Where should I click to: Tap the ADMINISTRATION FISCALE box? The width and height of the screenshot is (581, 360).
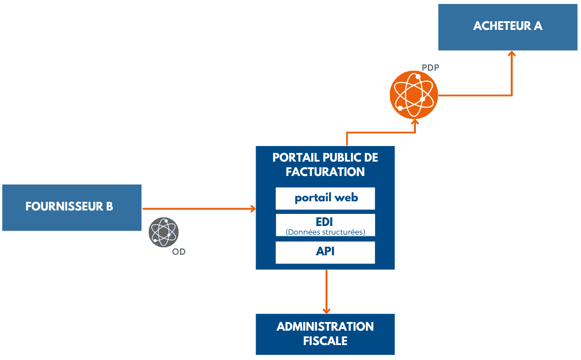tap(325, 334)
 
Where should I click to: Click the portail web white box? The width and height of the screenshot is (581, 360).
tap(325, 198)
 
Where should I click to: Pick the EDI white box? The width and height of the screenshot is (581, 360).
tap(325, 225)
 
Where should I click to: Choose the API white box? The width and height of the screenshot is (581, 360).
tap(325, 252)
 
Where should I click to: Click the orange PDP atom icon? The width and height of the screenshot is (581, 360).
tap(414, 95)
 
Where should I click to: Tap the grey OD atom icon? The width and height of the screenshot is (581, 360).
tap(164, 232)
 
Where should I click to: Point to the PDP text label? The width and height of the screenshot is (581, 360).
tap(430, 68)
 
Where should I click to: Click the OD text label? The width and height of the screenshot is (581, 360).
tap(179, 252)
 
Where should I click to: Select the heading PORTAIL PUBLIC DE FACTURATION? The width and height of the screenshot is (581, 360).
tap(325, 164)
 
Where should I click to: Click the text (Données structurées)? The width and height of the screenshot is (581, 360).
tap(325, 232)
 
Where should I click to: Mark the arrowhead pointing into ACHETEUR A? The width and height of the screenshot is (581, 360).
tap(511, 54)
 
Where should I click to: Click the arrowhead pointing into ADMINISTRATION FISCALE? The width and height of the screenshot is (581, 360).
tap(326, 309)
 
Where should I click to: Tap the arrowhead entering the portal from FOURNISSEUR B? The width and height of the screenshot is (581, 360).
tap(252, 208)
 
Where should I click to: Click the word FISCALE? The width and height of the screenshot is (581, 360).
tap(325, 340)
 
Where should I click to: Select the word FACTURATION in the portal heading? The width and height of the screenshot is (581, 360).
tap(325, 172)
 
